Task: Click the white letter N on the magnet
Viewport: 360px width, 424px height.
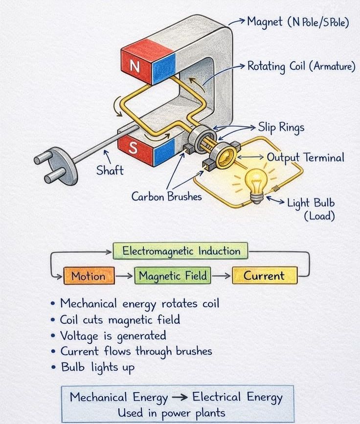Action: click(x=135, y=66)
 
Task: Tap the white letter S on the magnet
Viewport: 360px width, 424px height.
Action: click(x=133, y=148)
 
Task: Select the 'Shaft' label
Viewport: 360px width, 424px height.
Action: click(x=110, y=171)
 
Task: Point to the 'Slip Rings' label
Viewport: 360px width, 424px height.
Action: click(x=281, y=127)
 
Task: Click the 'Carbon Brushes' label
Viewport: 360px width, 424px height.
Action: click(x=167, y=196)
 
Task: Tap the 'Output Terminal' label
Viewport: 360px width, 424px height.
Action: click(x=305, y=157)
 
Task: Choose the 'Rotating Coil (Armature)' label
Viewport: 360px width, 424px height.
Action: click(x=301, y=67)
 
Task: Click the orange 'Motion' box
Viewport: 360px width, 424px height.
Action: click(x=89, y=275)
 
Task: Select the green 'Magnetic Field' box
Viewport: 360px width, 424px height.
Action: click(x=173, y=275)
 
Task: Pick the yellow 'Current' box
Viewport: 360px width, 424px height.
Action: click(x=265, y=275)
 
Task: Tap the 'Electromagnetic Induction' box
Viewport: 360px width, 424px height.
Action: click(x=180, y=251)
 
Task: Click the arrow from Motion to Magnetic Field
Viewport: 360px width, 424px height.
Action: click(x=124, y=276)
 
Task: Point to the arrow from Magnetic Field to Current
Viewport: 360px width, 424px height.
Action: click(x=222, y=275)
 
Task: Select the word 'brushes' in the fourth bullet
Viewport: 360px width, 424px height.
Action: click(x=194, y=351)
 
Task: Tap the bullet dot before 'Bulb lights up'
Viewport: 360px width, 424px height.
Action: click(x=53, y=367)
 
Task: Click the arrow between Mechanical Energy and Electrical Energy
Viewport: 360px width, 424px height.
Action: click(x=180, y=397)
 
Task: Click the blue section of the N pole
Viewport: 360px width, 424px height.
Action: click(x=164, y=69)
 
